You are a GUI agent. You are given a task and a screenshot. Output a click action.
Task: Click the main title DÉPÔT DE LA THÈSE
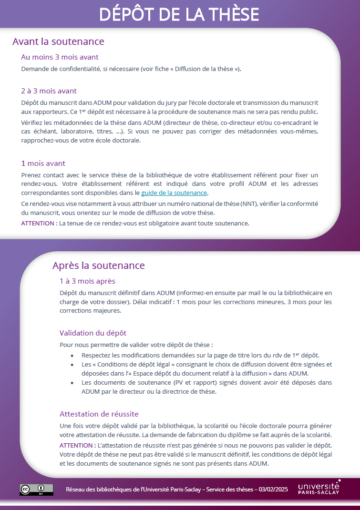pos(179,14)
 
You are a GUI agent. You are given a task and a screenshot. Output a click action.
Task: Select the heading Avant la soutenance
pos(58,41)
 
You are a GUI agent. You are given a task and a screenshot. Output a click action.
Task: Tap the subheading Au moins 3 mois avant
pos(60,57)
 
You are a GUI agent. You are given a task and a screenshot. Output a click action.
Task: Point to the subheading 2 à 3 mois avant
pos(49,91)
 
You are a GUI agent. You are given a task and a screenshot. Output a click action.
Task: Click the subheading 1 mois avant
pos(43,163)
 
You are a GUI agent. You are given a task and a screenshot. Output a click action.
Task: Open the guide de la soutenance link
pos(174,193)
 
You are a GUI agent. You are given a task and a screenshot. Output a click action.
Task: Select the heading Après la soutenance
pos(98,265)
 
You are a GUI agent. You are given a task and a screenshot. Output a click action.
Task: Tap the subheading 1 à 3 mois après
pos(87,281)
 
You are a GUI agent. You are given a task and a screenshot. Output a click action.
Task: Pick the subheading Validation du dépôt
pos(93,333)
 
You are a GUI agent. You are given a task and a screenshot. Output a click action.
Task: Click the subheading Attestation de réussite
pos(99,414)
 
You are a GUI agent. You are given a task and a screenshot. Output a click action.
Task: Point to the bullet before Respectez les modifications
pos(72,356)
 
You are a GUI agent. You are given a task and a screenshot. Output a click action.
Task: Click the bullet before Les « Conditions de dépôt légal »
pos(72,365)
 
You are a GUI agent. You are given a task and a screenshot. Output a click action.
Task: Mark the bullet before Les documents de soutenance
pos(72,383)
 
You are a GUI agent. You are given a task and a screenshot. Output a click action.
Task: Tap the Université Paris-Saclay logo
pos(319,488)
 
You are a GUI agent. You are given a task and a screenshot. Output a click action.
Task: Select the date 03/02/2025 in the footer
pos(273,490)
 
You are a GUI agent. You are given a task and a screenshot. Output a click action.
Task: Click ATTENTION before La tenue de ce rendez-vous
pos(39,223)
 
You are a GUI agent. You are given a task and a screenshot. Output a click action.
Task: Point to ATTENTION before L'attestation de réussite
pos(77,445)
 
